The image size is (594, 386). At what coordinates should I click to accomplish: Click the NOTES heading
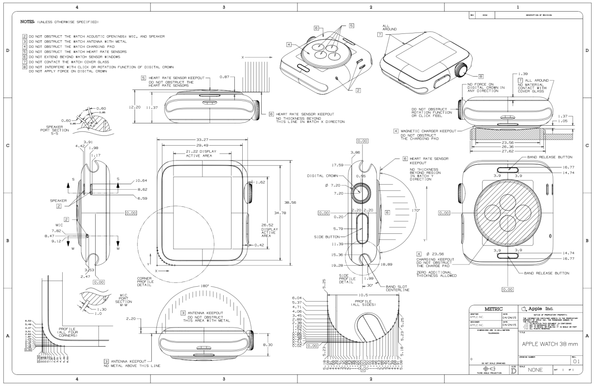point(29,22)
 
